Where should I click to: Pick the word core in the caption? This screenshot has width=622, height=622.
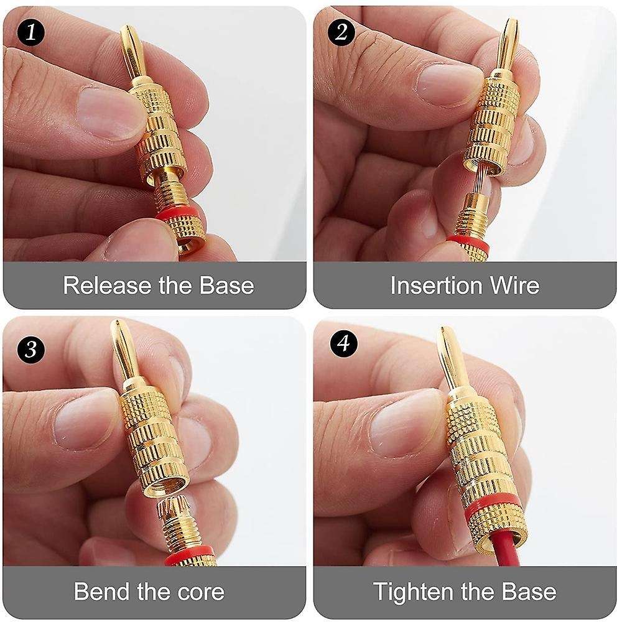pyautogui.click(x=197, y=590)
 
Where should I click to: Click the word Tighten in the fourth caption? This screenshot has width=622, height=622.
pyautogui.click(x=415, y=590)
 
